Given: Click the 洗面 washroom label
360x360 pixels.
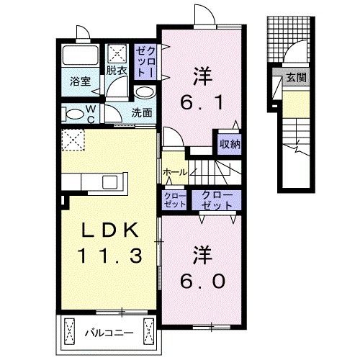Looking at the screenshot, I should (142, 113).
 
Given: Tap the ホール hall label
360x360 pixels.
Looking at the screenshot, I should (174, 173).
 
